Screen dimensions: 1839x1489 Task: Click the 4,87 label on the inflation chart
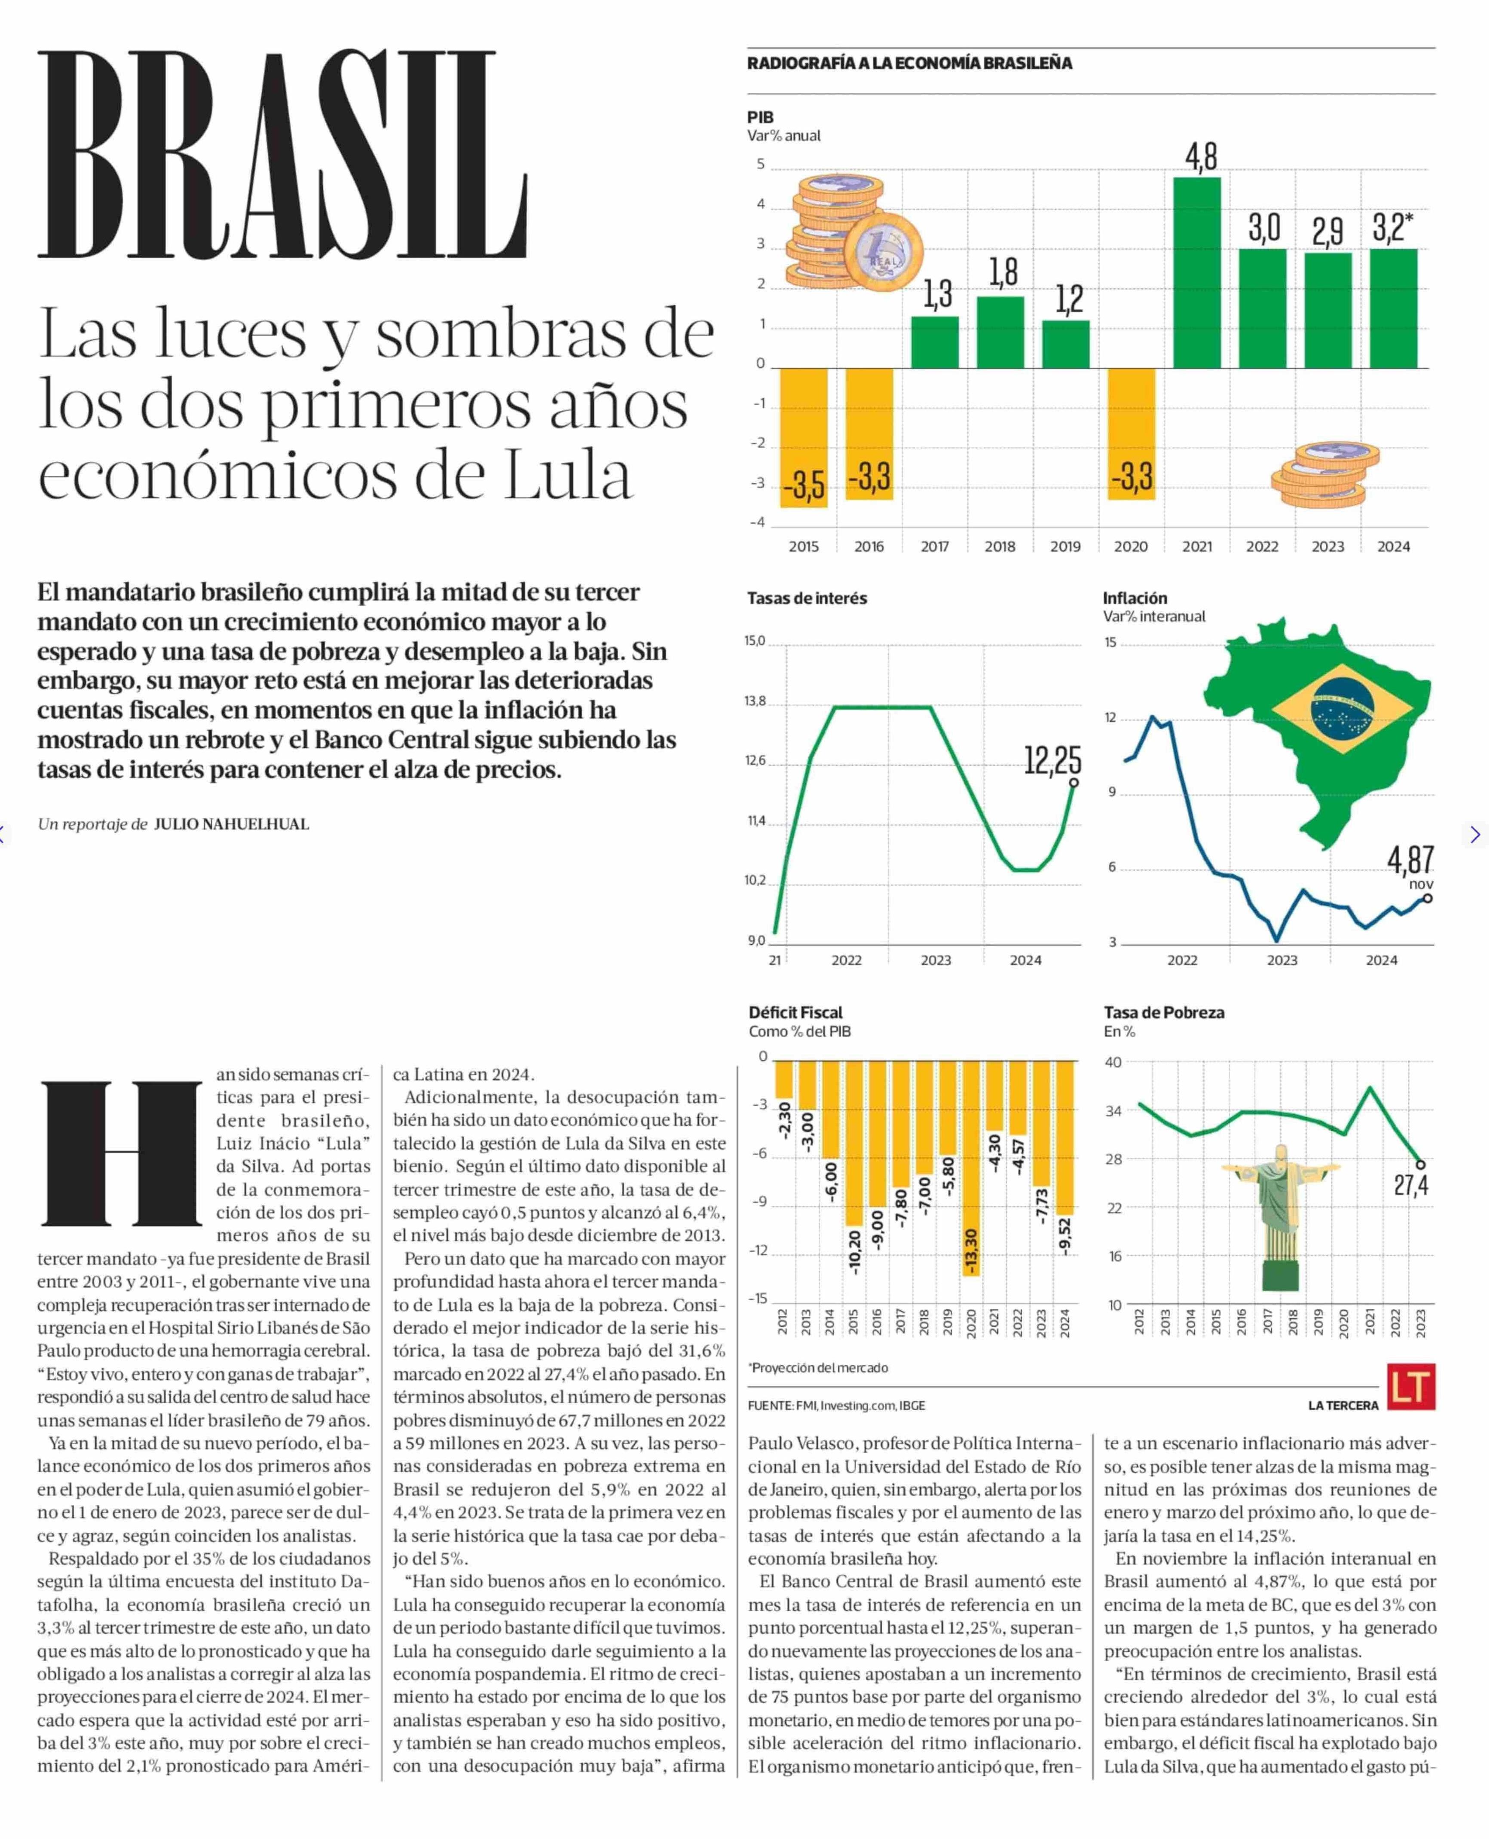1410,859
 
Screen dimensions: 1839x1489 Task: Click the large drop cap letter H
120,1153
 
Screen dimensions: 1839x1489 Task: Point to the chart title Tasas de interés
806,598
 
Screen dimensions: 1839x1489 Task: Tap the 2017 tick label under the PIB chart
934,546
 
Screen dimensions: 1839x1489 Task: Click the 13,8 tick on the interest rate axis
755,701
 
